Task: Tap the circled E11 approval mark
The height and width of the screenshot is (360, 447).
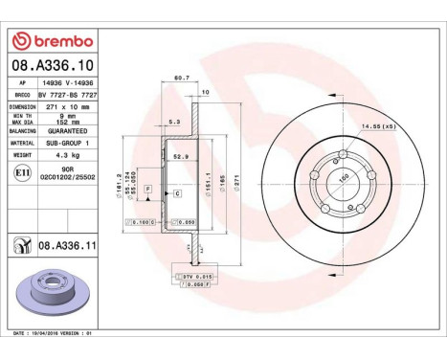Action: click(22, 173)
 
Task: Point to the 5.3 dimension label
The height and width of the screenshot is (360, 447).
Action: click(174, 123)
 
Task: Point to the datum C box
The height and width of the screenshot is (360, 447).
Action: click(178, 193)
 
